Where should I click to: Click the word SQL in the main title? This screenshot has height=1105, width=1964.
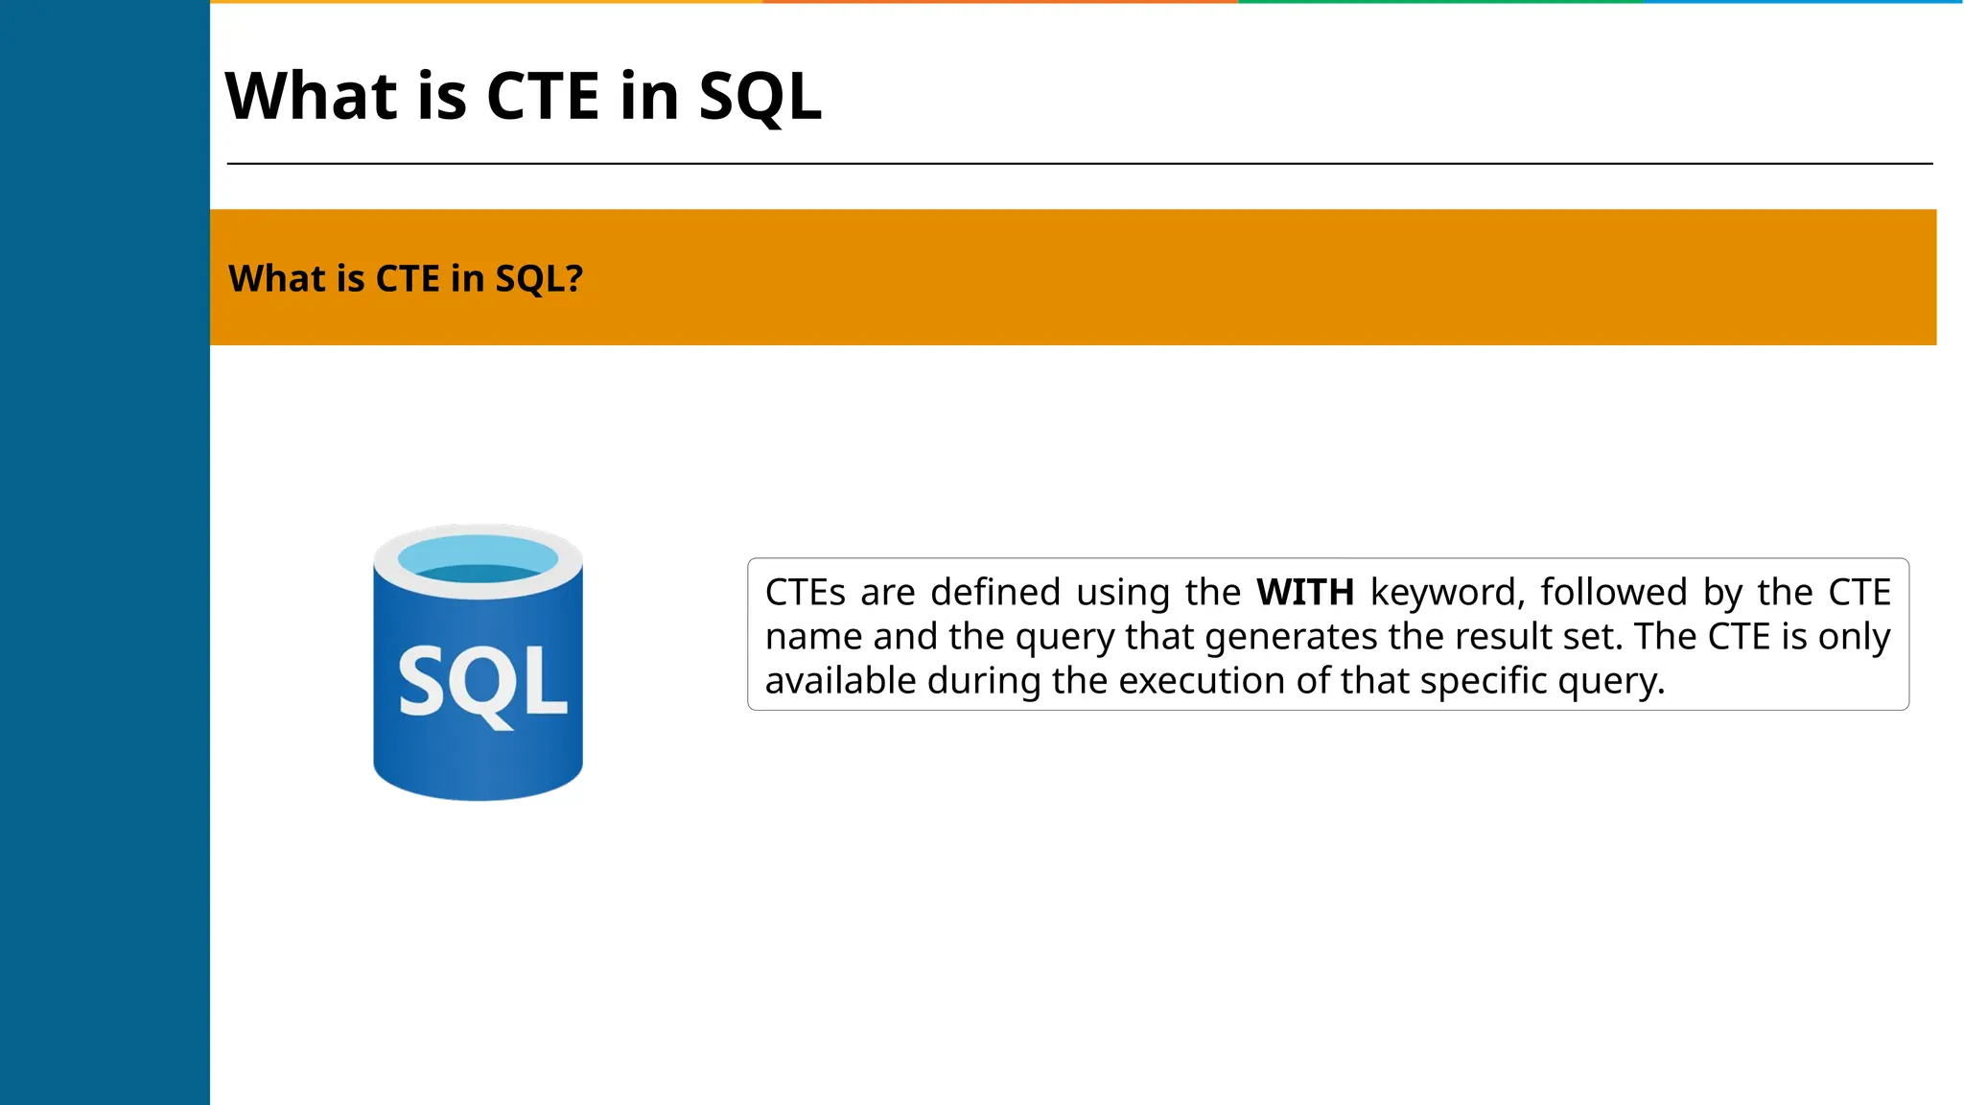tap(760, 97)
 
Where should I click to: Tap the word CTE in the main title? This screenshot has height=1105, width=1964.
tap(543, 97)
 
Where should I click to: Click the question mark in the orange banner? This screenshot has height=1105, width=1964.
tap(573, 278)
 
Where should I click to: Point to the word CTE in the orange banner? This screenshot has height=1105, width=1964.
tap(408, 279)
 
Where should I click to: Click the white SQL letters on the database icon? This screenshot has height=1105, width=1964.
tap(482, 683)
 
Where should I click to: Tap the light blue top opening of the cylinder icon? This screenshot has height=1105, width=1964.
tap(478, 558)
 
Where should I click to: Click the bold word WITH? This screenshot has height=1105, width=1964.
tap(1305, 593)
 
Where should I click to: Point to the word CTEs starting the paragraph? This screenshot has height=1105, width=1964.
tap(806, 593)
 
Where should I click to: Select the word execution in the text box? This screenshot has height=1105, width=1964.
tap(1202, 681)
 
